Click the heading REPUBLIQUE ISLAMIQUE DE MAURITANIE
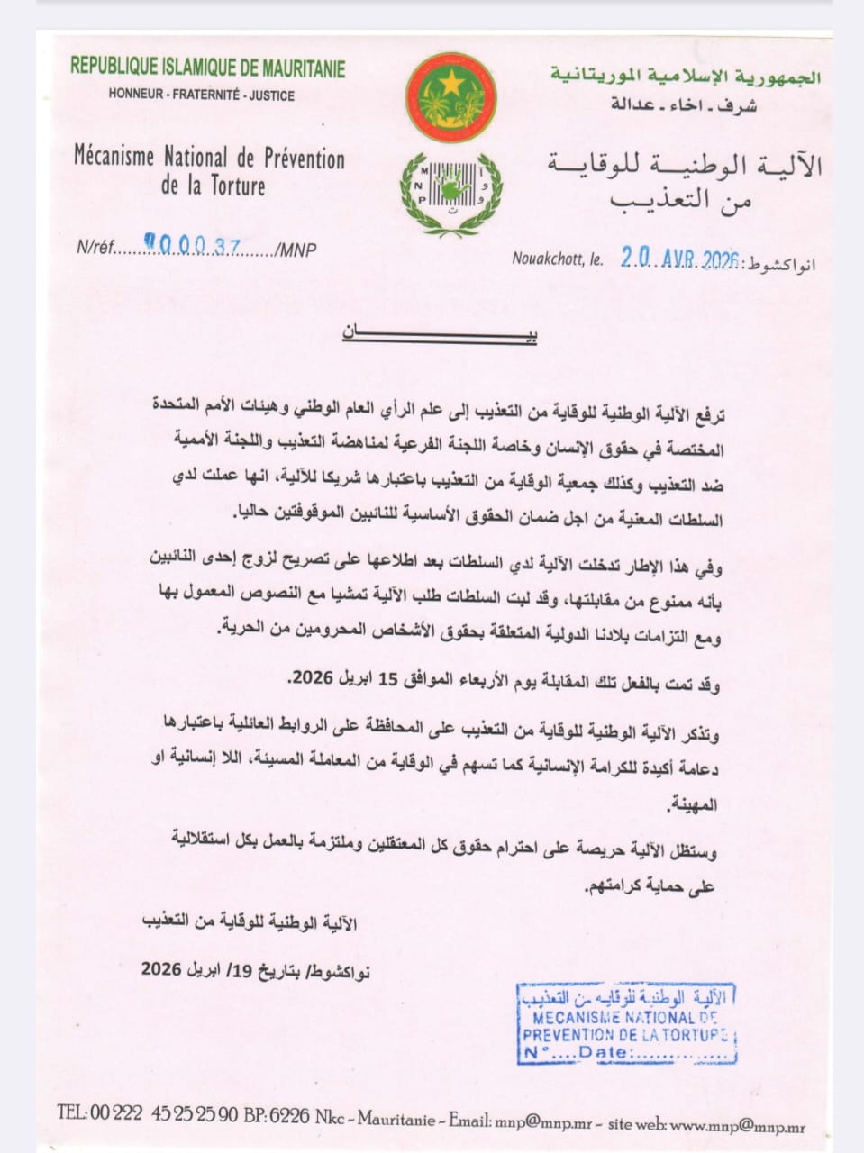207,68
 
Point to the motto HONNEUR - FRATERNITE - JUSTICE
202,95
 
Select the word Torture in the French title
235,186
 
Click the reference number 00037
197,247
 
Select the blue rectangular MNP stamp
627,1024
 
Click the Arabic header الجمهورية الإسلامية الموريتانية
686,77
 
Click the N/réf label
95,248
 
